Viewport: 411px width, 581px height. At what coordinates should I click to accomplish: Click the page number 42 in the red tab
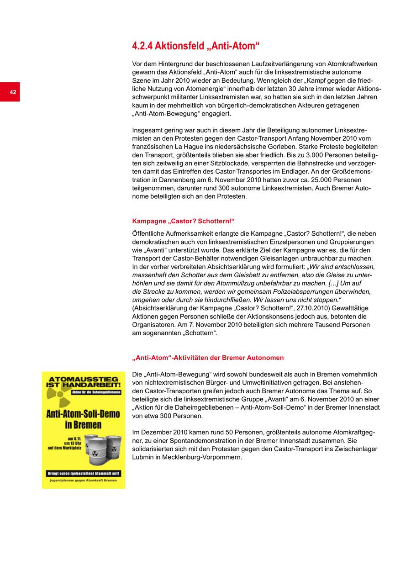[13, 92]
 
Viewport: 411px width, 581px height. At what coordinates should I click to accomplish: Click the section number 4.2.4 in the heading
[142, 46]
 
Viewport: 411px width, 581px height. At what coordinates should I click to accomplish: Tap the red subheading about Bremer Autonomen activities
[208, 358]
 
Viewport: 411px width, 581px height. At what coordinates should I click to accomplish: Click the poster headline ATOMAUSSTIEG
[83, 379]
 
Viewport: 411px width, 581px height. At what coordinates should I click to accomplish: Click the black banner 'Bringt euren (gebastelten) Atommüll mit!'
[83, 473]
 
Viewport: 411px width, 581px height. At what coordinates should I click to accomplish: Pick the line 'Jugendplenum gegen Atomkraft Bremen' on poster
[83, 481]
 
